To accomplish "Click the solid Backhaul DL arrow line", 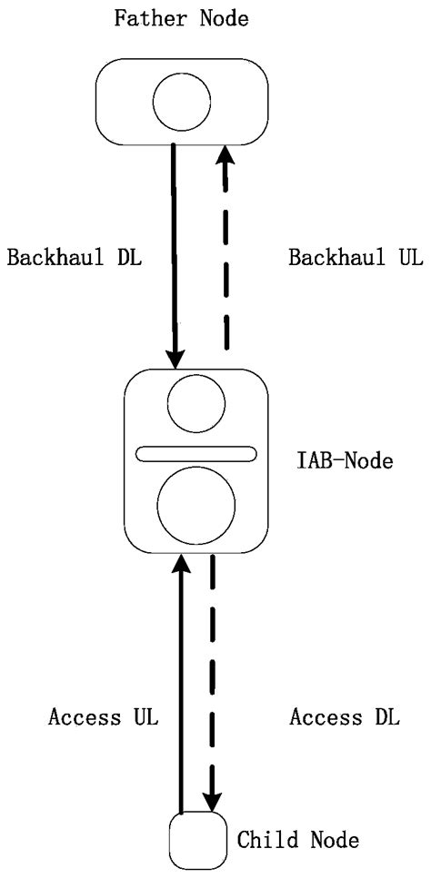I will click(175, 245).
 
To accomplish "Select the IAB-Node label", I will click(345, 461).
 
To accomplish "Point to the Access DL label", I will click(344, 717).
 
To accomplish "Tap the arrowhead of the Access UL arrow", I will click(182, 567).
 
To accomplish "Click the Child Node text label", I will click(297, 841).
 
